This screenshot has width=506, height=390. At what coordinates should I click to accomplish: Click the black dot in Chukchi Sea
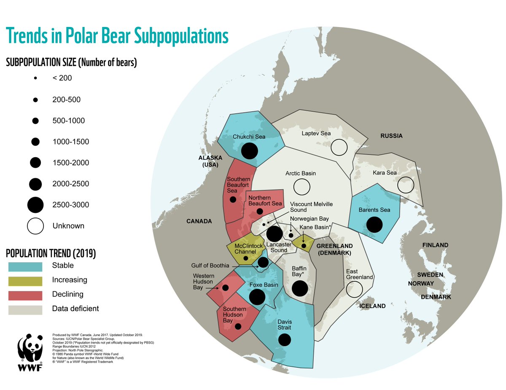(250, 151)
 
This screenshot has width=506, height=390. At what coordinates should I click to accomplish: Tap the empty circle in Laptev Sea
(339, 147)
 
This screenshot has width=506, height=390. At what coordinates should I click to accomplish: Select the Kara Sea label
(384, 173)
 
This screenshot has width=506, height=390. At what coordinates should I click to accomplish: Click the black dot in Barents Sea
(374, 224)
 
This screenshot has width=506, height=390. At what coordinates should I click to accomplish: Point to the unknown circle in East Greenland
(354, 289)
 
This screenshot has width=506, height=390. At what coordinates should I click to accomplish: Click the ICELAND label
(373, 306)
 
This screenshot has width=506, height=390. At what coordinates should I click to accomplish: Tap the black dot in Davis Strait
(285, 339)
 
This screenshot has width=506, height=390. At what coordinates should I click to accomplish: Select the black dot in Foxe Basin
(257, 296)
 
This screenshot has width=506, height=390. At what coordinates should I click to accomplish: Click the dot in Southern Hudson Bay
(238, 326)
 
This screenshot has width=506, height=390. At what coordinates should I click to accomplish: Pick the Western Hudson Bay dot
(225, 288)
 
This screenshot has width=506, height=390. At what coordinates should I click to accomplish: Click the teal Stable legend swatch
(25, 266)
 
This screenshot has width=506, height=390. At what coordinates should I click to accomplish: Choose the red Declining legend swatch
(25, 295)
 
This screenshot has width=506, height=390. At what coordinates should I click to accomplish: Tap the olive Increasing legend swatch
(25, 281)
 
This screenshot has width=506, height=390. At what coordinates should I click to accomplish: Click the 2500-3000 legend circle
(35, 204)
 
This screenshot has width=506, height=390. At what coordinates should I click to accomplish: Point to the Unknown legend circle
(35, 226)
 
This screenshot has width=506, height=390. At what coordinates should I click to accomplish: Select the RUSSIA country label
(391, 136)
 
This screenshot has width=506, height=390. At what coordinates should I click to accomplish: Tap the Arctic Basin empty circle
(301, 186)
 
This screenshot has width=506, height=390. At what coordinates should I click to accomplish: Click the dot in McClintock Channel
(246, 258)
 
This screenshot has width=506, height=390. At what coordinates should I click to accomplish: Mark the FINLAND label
(436, 245)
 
